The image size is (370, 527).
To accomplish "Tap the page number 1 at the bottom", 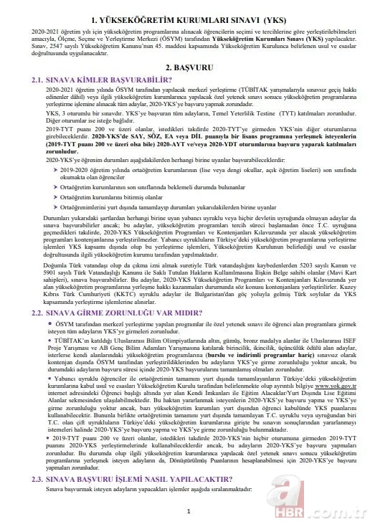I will pyautogui.click(x=186, y=511).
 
